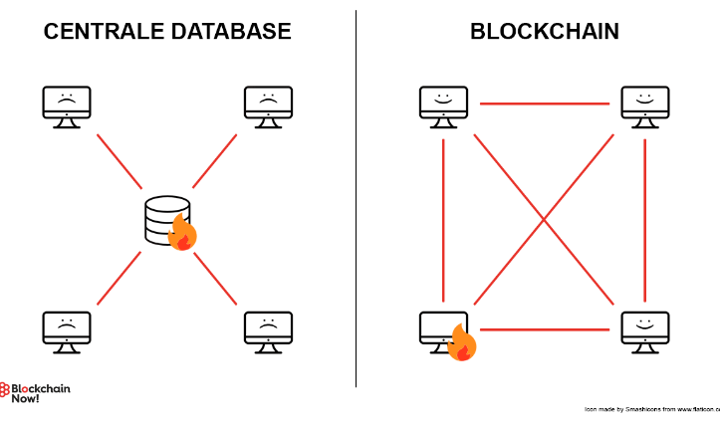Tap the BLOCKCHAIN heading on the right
[x=544, y=32]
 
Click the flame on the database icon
[x=182, y=234]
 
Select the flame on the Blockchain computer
[x=462, y=344]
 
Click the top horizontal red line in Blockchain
[x=544, y=103]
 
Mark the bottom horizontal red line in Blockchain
[x=546, y=328]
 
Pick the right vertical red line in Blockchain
[x=645, y=219]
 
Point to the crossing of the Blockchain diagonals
[x=544, y=219]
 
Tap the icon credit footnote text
[x=652, y=409]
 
